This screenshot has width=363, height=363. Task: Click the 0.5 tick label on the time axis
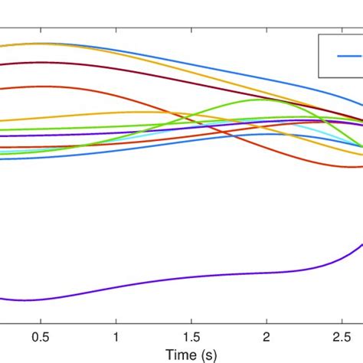tap(41, 337)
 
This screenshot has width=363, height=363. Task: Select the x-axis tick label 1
tap(116, 337)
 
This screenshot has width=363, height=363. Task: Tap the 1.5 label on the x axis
tap(191, 337)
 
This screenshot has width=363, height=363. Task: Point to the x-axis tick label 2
tap(267, 337)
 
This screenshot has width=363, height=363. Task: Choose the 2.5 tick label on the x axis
tap(341, 337)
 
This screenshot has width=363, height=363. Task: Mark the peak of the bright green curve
tap(267, 100)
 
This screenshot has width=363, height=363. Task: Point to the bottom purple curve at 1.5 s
tap(191, 276)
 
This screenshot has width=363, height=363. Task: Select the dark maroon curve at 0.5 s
tap(41, 62)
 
